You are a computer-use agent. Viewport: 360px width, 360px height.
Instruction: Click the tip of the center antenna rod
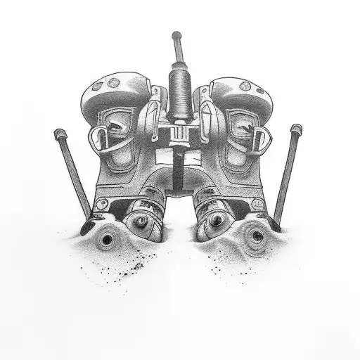tap(175, 34)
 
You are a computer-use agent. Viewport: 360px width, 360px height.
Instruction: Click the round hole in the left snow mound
tap(106, 240)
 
